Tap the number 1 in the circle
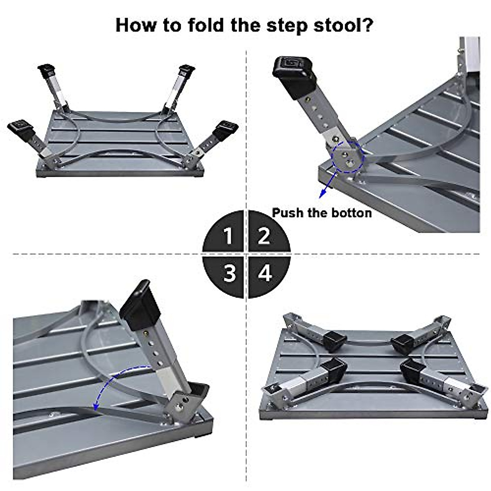tap(228, 236)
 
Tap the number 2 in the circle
tap(264, 236)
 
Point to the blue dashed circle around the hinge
tap(347, 157)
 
